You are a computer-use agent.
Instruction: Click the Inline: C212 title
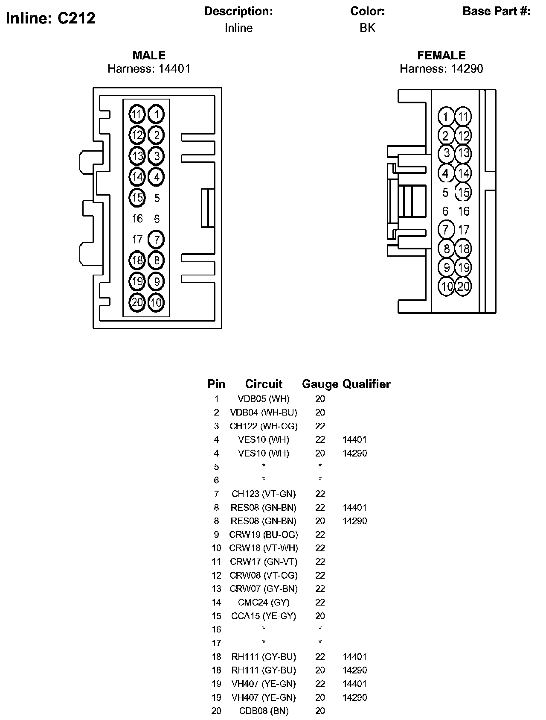(51, 18)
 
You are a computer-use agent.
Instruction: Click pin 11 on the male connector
(136, 114)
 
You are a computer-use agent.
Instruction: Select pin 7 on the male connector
(157, 239)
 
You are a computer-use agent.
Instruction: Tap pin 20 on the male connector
(137, 302)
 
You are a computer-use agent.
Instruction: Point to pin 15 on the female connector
(463, 192)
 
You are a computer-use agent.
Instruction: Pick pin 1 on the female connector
(446, 117)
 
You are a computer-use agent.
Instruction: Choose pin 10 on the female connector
(447, 286)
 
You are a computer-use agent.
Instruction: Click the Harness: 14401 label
(149, 68)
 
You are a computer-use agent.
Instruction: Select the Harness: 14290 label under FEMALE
(441, 68)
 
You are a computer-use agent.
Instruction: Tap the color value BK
(367, 28)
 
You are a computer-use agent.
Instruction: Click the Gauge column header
(320, 384)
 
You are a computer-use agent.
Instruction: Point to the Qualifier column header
(366, 384)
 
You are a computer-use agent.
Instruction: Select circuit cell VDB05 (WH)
(264, 399)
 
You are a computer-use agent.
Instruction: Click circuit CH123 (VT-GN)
(264, 494)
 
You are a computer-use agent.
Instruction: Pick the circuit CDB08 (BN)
(264, 711)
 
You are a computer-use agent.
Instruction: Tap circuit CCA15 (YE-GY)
(264, 616)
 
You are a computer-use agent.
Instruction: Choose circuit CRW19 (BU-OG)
(264, 535)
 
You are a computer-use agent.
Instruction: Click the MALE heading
(149, 55)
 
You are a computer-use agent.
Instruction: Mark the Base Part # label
(497, 12)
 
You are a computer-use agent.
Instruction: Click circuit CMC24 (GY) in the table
(264, 603)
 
